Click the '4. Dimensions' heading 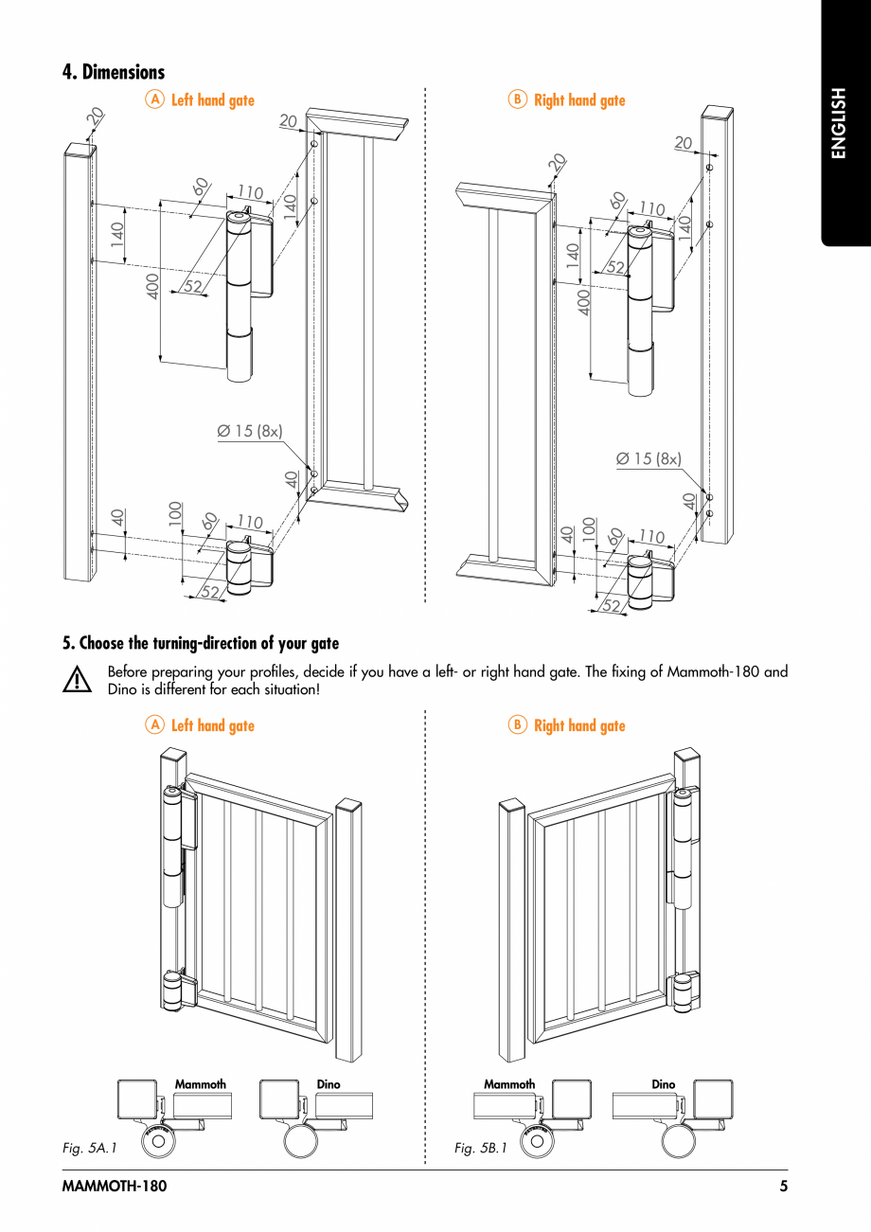[x=114, y=72]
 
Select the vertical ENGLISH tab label [x=839, y=123]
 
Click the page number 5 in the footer [x=783, y=1187]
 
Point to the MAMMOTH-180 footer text [x=114, y=1187]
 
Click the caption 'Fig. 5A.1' [x=89, y=1148]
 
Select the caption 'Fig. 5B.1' [x=480, y=1148]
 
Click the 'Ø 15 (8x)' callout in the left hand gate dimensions [x=250, y=431]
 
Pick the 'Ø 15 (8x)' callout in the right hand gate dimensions [x=649, y=458]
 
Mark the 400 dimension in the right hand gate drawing [x=583, y=302]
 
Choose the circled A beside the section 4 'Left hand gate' [x=154, y=99]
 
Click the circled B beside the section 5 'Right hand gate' [x=517, y=725]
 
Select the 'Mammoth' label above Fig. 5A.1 [x=201, y=1084]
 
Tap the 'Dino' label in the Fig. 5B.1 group [x=663, y=1084]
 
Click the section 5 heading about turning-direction [x=200, y=644]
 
